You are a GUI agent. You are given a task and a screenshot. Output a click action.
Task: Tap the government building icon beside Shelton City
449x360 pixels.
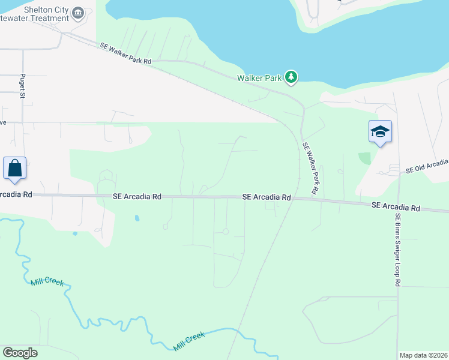(77, 12)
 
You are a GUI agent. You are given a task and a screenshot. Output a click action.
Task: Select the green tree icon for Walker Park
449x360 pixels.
(291, 77)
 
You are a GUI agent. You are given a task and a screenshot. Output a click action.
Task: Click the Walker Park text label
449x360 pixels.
(259, 78)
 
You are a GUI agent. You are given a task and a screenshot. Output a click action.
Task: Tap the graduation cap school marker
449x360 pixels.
(380, 131)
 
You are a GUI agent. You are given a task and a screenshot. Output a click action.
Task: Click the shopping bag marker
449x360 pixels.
(14, 168)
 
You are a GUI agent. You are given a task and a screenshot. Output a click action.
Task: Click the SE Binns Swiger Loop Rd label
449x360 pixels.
(397, 249)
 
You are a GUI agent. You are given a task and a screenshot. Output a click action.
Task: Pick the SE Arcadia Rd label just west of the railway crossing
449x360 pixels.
(267, 197)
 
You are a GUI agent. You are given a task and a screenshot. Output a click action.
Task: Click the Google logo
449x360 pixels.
(20, 353)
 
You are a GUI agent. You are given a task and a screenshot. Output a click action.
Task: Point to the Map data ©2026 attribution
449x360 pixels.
(423, 355)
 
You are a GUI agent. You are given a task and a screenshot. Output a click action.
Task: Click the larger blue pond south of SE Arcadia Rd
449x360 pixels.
(137, 218)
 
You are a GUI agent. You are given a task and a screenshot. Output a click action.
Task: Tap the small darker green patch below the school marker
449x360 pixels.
(364, 158)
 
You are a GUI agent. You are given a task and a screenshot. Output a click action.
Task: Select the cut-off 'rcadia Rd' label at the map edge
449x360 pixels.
(13, 194)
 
